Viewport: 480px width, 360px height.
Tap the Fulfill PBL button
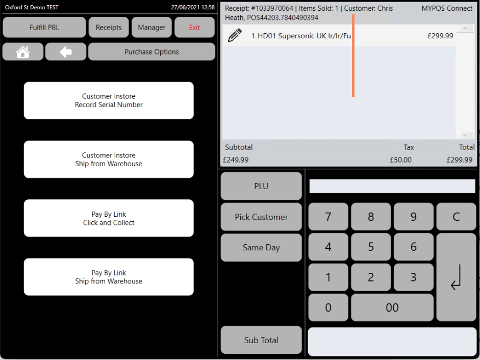(44, 27)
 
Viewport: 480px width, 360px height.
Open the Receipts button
(109, 27)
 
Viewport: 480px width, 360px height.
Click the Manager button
(151, 27)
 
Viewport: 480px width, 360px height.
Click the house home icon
(23, 52)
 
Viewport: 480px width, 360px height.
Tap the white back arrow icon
(65, 52)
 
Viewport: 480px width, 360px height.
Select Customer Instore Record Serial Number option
(109, 100)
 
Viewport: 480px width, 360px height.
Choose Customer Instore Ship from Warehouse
(109, 159)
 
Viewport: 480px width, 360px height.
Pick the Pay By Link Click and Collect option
(109, 218)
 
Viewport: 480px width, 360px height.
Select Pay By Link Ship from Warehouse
(109, 277)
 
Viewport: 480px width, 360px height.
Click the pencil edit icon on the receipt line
(235, 35)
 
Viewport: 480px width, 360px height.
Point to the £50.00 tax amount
(400, 160)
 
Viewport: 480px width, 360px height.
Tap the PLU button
(261, 186)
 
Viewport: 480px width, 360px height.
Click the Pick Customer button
(261, 217)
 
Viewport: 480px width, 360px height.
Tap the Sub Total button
(261, 340)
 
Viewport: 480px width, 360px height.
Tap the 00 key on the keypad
(392, 307)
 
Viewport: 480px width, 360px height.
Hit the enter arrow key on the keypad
(456, 277)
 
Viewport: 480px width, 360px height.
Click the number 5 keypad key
(371, 247)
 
